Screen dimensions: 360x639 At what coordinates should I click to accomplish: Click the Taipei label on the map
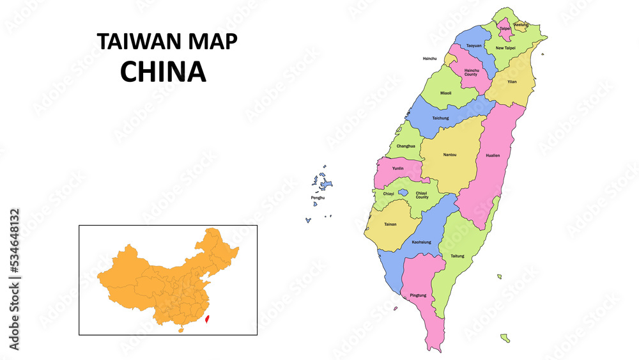click(x=505, y=29)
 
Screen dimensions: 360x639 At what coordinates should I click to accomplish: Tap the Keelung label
click(x=521, y=25)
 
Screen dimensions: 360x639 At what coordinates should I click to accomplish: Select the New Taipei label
click(x=505, y=48)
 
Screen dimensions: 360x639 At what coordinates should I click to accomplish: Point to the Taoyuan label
click(x=473, y=45)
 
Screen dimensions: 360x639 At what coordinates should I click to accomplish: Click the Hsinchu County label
click(x=471, y=72)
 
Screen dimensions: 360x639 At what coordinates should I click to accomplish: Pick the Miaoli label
click(x=445, y=93)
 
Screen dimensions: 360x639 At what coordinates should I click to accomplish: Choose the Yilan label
click(x=512, y=82)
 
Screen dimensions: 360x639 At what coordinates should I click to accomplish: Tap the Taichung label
click(x=440, y=118)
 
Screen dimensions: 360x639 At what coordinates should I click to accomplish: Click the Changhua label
click(x=406, y=146)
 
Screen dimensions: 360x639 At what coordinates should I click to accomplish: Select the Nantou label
click(x=449, y=155)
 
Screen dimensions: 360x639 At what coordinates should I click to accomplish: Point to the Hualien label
click(x=493, y=155)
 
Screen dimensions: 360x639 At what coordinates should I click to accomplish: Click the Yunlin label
click(x=397, y=168)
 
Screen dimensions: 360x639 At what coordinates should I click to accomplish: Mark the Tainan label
click(x=390, y=224)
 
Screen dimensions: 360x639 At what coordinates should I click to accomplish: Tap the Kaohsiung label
click(x=421, y=242)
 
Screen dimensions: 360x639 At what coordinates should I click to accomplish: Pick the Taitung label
click(x=458, y=256)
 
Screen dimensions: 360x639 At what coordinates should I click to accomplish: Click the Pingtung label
click(x=418, y=295)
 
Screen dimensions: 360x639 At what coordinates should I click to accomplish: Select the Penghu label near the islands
click(x=318, y=198)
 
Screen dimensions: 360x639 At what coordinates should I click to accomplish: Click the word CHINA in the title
click(x=164, y=72)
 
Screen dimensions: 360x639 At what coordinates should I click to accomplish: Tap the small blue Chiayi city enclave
click(x=403, y=192)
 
